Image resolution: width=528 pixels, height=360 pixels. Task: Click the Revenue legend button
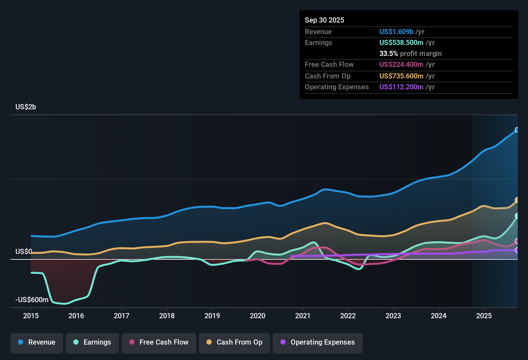[37, 342]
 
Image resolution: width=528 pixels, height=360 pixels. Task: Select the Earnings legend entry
[92, 342]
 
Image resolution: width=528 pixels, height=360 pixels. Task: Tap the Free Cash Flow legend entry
[159, 342]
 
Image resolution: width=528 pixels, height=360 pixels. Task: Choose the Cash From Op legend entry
[234, 342]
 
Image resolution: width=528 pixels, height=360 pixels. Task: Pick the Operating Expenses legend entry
[318, 342]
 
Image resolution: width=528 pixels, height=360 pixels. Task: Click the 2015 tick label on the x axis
[31, 316]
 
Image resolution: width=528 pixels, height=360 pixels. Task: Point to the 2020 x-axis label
[258, 316]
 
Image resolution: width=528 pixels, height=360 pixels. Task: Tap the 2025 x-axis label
[484, 316]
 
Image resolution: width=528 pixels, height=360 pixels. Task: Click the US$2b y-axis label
[26, 107]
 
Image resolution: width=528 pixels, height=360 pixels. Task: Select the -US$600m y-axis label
[32, 300]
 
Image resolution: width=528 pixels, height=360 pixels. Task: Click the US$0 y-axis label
[23, 251]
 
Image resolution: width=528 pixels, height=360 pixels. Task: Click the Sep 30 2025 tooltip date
[324, 20]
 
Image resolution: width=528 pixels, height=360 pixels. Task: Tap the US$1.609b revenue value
[396, 32]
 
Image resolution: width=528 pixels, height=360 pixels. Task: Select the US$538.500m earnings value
[401, 43]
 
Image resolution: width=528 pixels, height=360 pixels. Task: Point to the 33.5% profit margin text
[410, 54]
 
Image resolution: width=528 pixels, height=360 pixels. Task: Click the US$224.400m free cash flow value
[401, 65]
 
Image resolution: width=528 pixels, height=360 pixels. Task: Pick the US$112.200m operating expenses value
[401, 87]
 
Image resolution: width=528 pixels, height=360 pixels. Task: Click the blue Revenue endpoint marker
[517, 130]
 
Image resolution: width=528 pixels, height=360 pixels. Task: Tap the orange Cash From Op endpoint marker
[517, 200]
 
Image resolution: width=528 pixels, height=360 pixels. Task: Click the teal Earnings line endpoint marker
[517, 216]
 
